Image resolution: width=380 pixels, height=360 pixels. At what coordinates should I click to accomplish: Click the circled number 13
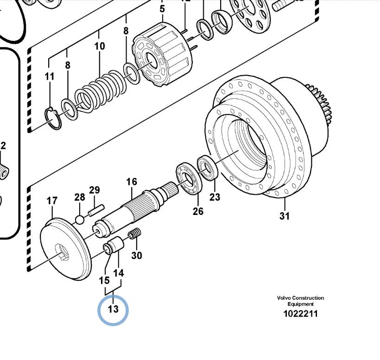pyautogui.click(x=113, y=309)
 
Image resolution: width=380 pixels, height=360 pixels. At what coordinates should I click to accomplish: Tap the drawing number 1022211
pyautogui.click(x=300, y=314)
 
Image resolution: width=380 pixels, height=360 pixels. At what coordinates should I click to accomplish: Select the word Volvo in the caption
pyautogui.click(x=284, y=298)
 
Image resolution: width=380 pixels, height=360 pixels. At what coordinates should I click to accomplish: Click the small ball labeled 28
pyautogui.click(x=80, y=220)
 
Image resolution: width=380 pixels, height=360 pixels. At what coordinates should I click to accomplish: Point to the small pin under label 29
pyautogui.click(x=96, y=210)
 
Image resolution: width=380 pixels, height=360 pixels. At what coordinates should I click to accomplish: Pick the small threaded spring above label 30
pyautogui.click(x=134, y=234)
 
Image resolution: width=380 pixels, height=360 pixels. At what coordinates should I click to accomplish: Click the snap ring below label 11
pyautogui.click(x=53, y=119)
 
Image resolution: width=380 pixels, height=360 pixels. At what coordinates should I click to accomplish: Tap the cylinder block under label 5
pyautogui.click(x=162, y=54)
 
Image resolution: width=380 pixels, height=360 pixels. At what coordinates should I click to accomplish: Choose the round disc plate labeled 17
pyautogui.click(x=66, y=249)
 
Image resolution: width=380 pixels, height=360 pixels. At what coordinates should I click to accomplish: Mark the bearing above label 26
pyautogui.click(x=189, y=179)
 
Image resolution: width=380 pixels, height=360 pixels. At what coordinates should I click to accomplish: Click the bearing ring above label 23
pyautogui.click(x=208, y=168)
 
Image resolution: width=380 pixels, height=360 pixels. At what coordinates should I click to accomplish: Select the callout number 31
pyautogui.click(x=285, y=216)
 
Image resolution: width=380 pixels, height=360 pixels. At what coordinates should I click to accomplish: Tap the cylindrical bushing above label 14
pyautogui.click(x=116, y=243)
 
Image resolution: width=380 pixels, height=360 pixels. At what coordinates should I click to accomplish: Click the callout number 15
pyautogui.click(x=104, y=280)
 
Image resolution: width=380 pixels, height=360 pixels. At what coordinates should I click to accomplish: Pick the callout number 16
pyautogui.click(x=132, y=182)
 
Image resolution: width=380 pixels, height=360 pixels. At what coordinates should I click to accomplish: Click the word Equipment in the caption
pyautogui.click(x=300, y=304)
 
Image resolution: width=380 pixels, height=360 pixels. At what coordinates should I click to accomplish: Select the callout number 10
pyautogui.click(x=100, y=46)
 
